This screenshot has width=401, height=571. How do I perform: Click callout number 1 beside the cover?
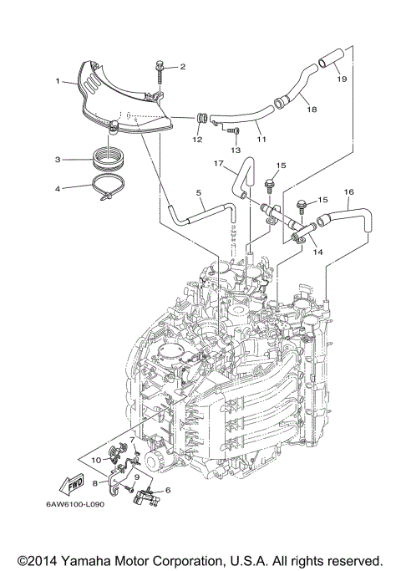[x=57, y=81]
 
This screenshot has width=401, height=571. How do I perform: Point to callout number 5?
[x=199, y=193]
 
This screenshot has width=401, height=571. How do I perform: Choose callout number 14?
[x=317, y=250]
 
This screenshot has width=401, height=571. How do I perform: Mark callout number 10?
[x=96, y=459]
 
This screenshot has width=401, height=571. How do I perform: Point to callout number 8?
[x=95, y=482]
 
